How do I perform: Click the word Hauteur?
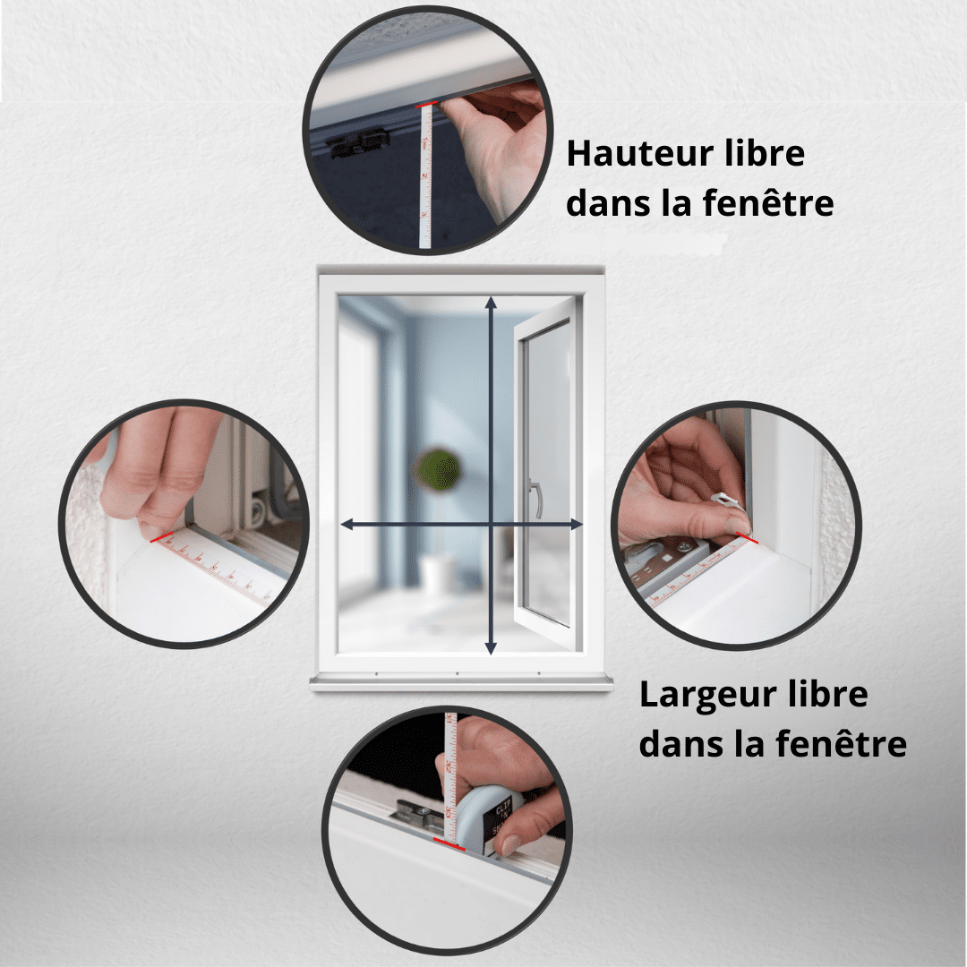639,153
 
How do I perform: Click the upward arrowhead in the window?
491,303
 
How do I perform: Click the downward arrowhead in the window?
491,647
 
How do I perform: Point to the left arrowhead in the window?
347,524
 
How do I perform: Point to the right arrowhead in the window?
576,524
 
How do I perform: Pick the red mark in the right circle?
748,538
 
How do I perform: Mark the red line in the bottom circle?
449,844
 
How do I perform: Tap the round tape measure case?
492,817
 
